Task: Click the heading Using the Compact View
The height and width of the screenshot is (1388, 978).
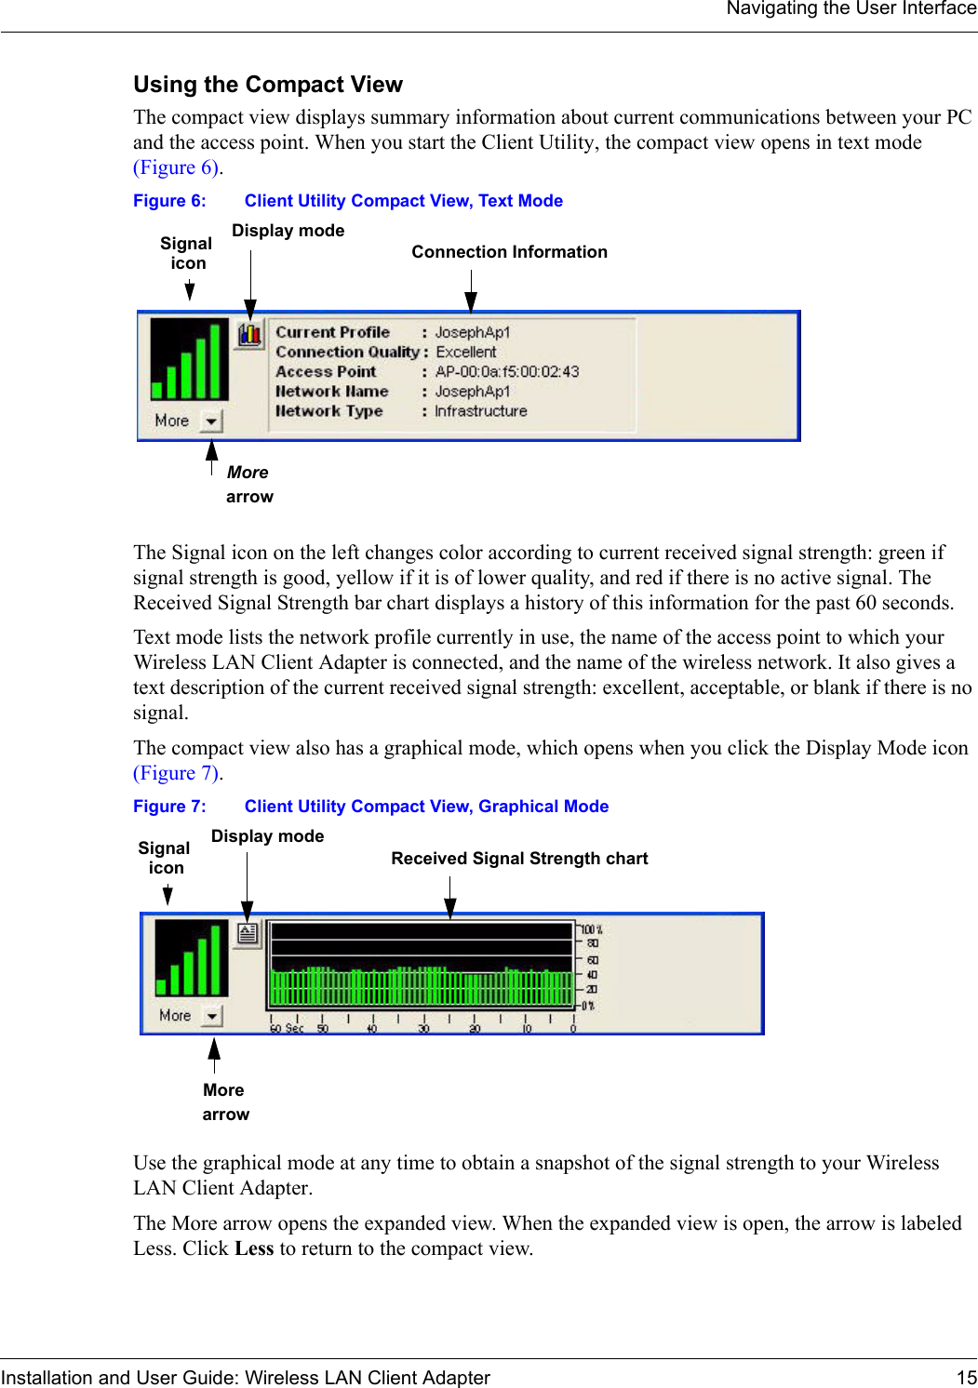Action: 268,85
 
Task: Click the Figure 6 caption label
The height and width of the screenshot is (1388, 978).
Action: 169,201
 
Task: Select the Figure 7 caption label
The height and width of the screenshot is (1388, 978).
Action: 169,807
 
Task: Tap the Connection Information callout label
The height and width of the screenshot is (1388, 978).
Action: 509,252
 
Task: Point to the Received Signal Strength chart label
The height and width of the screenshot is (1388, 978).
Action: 519,859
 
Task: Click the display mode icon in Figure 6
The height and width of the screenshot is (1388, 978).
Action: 249,334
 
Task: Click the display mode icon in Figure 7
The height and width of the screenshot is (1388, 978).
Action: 248,933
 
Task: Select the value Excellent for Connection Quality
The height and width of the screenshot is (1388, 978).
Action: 466,353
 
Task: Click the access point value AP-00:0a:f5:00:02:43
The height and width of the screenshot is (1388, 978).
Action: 507,372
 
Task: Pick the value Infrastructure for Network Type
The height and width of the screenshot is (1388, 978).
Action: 481,411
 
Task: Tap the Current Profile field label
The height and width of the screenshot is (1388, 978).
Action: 332,333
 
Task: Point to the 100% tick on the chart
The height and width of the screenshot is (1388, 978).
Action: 592,929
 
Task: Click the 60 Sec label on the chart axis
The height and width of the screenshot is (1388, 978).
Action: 287,1028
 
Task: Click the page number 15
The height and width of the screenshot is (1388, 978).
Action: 966,1378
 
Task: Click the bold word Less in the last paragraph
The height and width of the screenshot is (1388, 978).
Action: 254,1248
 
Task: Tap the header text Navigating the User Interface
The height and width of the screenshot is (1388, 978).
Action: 851,9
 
